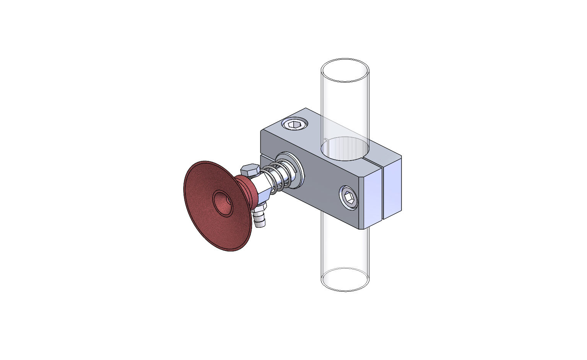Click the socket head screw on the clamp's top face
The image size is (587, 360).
(x=294, y=124)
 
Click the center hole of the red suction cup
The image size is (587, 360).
(x=222, y=202)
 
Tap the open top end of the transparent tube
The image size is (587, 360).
(x=345, y=70)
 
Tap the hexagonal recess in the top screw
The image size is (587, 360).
(x=294, y=124)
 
